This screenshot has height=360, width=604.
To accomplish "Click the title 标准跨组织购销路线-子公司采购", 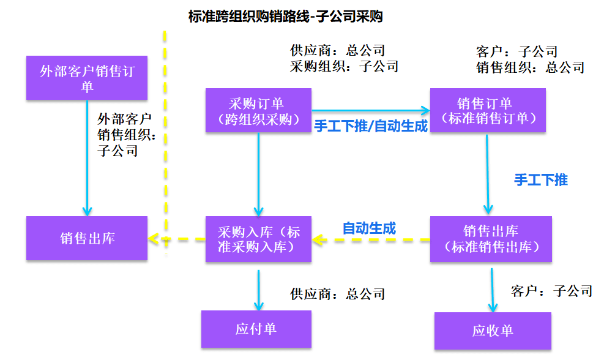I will pyautogui.click(x=286, y=17).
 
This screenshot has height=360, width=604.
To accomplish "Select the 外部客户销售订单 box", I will pyautogui.click(x=87, y=78).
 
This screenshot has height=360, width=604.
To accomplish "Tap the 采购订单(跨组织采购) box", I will pyautogui.click(x=258, y=111).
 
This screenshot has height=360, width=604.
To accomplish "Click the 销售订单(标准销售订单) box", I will pyautogui.click(x=488, y=111).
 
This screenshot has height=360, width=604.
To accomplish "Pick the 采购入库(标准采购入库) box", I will pyautogui.click(x=258, y=239).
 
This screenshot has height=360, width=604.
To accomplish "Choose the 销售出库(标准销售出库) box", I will pyautogui.click(x=491, y=239).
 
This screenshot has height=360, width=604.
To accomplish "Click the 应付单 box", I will pyautogui.click(x=256, y=329).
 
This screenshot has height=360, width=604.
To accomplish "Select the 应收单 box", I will pyautogui.click(x=493, y=331).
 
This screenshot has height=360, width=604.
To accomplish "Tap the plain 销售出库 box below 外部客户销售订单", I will pyautogui.click(x=87, y=238).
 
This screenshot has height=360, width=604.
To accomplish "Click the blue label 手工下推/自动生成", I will pyautogui.click(x=371, y=126).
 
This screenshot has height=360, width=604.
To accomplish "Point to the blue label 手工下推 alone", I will pyautogui.click(x=541, y=180).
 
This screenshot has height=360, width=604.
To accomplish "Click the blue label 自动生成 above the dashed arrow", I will pyautogui.click(x=369, y=228).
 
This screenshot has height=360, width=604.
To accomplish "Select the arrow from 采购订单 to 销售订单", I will pyautogui.click(x=370, y=111).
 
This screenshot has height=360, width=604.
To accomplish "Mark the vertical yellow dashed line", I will pyautogui.click(x=164, y=153).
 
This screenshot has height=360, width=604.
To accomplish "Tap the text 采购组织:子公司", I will pyautogui.click(x=343, y=66).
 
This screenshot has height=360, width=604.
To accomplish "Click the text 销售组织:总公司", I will pyautogui.click(x=530, y=67).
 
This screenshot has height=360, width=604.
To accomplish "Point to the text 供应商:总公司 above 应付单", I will pyautogui.click(x=337, y=294).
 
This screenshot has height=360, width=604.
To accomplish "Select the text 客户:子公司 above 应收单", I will pyautogui.click(x=551, y=291).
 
